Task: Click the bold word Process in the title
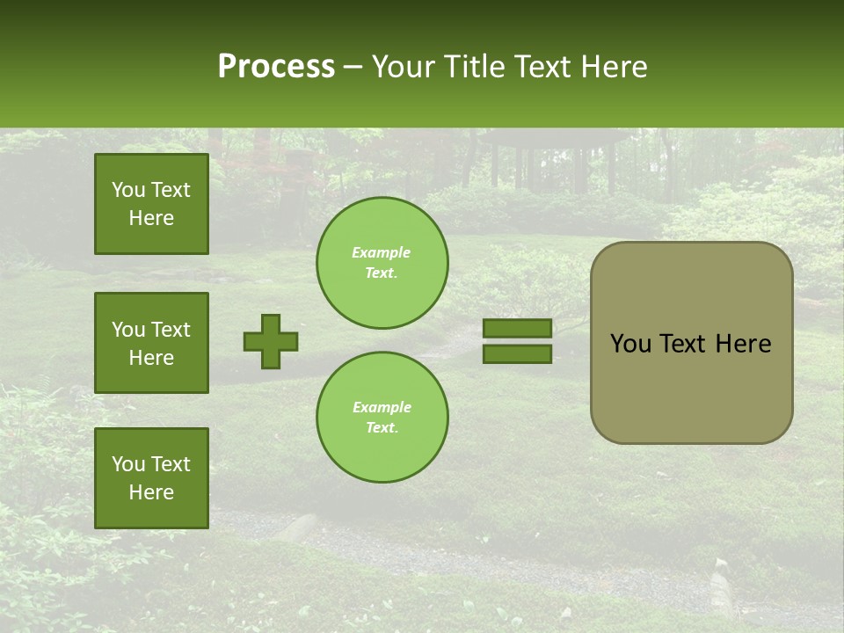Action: pos(276,66)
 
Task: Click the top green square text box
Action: pos(151,204)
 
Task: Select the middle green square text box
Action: pos(151,343)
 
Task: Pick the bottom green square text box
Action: pos(151,477)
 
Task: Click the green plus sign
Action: pos(271,341)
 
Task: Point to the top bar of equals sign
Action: pos(517,328)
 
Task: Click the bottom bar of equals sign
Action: pos(517,353)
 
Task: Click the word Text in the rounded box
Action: pos(683,344)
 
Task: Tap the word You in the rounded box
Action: pos(630,344)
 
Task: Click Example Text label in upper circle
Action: pos(382,262)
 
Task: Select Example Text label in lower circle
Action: pos(382,417)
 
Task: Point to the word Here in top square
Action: pos(151,218)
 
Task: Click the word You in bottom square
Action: pos(128,464)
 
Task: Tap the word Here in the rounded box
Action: pos(743,344)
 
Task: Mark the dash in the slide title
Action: pos(353,68)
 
